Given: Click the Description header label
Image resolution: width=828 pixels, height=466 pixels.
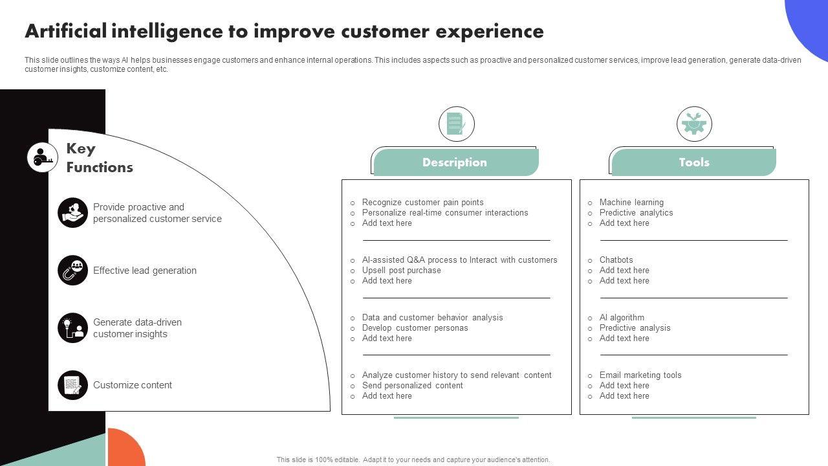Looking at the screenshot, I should tap(455, 162).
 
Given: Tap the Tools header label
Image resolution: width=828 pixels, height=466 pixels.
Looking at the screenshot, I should tap(694, 162).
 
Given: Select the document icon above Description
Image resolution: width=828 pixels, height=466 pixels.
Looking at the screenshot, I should tap(456, 124).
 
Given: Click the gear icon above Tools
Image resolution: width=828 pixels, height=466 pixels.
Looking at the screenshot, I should tap(694, 124).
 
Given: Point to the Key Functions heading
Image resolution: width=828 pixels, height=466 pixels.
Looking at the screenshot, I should tap(100, 158).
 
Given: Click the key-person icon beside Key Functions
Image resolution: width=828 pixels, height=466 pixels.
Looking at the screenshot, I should tap(43, 157).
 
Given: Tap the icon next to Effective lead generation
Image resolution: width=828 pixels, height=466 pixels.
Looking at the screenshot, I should tap(72, 271).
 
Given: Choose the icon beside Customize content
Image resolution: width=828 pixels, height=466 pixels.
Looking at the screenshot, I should tap(72, 385).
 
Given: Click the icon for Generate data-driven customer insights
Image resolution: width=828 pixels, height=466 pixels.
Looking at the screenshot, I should tap(72, 328).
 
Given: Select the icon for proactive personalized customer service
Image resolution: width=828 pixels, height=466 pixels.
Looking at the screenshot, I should tap(72, 213).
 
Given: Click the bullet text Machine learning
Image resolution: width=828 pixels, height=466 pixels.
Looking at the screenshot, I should tap(631, 203).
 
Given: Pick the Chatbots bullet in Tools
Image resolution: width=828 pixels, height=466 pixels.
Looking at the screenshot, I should tap(616, 260).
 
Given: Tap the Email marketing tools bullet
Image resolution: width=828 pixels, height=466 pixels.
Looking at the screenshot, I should tap(640, 375).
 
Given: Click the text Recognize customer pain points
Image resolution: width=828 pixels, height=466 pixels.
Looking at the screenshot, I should tap(422, 203).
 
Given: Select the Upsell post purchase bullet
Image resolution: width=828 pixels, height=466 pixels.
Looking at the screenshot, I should tap(401, 271).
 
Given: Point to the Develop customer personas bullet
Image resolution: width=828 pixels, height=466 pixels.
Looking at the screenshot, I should tap(415, 328).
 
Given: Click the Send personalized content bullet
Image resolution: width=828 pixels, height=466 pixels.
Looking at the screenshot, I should tap(412, 386).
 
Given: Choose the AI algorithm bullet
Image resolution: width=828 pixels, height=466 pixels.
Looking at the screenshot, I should tap(622, 318).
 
